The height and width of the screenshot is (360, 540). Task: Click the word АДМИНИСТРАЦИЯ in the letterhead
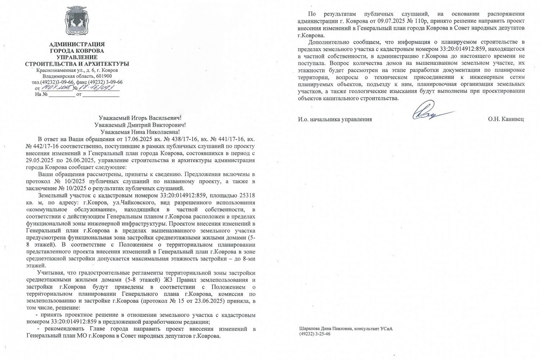(77, 44)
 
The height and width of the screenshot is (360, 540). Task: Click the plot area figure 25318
(247, 196)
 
